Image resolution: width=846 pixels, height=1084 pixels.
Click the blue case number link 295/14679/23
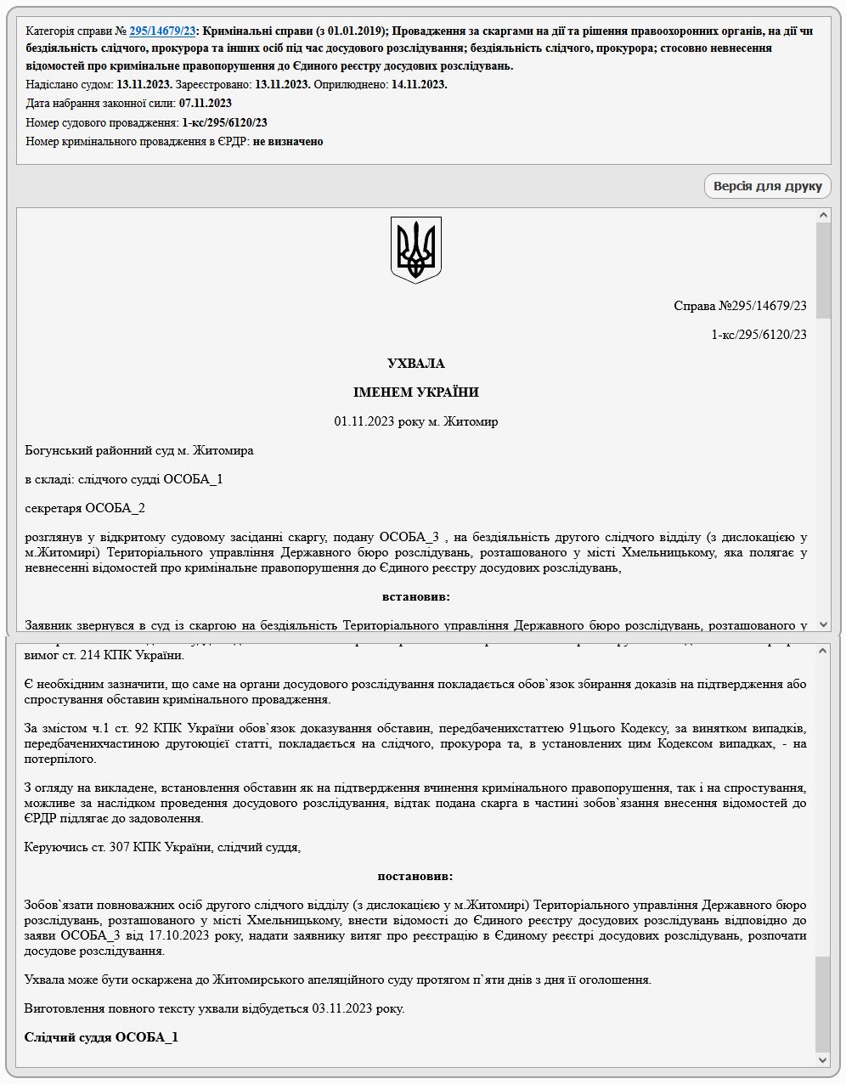click(x=161, y=31)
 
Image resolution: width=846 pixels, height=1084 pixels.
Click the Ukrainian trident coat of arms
click(x=416, y=249)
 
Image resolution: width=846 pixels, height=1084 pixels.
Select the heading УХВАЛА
click(x=415, y=364)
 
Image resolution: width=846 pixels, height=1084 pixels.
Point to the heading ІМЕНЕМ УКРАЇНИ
click(x=415, y=392)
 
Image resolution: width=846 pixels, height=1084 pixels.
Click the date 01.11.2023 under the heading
click(x=364, y=421)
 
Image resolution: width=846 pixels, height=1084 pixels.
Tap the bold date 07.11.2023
click(x=205, y=104)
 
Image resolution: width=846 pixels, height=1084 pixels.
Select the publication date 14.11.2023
click(x=419, y=84)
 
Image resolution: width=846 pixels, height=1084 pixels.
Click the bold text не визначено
click(x=288, y=142)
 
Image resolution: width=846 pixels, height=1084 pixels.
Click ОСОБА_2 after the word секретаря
click(x=115, y=508)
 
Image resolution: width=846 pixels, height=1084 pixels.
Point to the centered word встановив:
click(x=415, y=596)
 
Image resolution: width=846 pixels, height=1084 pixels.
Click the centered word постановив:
click(x=415, y=876)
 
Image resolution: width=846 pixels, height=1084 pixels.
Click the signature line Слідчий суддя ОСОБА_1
click(x=101, y=1037)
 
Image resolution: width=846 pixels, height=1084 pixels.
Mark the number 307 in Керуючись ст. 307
click(x=119, y=847)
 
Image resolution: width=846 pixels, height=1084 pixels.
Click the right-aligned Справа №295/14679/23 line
click(x=739, y=306)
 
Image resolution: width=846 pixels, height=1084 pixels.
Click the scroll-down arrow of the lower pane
click(x=821, y=1059)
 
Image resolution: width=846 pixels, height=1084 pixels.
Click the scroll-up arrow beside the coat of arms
click(x=821, y=216)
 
